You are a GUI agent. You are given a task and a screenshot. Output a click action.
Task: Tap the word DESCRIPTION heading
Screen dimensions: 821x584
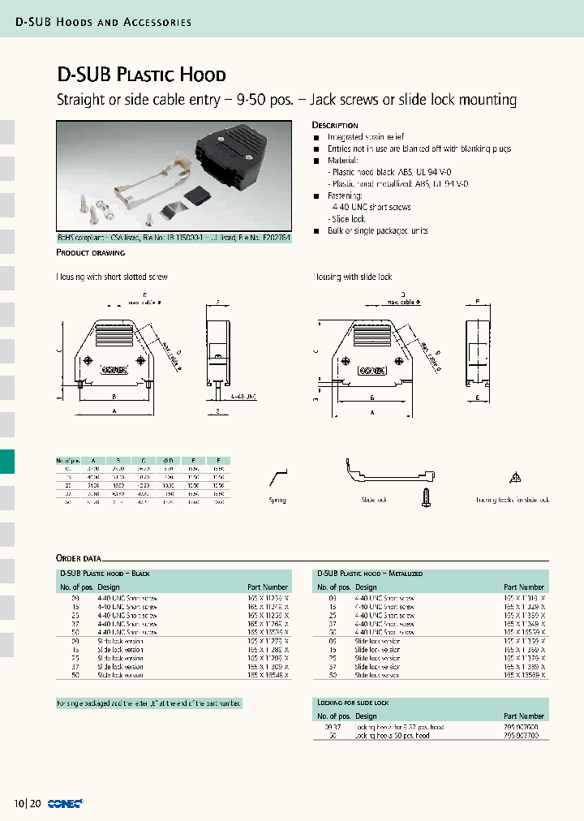coord(335,126)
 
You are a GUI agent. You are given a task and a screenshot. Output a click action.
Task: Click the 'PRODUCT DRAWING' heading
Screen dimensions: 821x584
coord(89,253)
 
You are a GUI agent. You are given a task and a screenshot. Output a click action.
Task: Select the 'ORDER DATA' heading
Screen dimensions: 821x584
coord(78,558)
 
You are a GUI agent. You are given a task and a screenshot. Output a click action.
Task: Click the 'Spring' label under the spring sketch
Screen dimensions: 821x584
coord(277,500)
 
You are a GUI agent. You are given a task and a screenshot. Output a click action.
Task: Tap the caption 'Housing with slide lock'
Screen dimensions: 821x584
coord(353,277)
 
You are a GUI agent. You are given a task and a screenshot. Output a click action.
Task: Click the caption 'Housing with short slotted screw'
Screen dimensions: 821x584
coord(111,277)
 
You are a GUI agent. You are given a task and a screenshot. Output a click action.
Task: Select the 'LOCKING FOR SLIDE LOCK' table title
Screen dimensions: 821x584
coord(353,702)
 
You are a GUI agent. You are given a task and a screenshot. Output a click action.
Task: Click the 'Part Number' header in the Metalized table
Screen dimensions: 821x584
coord(524,587)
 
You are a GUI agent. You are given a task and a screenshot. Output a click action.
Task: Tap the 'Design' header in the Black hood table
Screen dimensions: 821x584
coord(109,587)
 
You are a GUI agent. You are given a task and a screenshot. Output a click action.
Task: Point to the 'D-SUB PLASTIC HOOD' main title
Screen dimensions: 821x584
coord(141,75)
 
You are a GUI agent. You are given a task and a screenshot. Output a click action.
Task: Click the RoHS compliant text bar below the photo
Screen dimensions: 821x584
coord(173,239)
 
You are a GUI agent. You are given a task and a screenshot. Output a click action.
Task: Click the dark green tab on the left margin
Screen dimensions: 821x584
coord(6,462)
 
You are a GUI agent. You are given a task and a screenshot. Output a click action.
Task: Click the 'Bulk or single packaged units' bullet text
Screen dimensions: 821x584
coord(377,231)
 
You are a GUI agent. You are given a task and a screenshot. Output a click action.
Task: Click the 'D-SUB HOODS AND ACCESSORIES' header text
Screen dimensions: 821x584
coord(104,22)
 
